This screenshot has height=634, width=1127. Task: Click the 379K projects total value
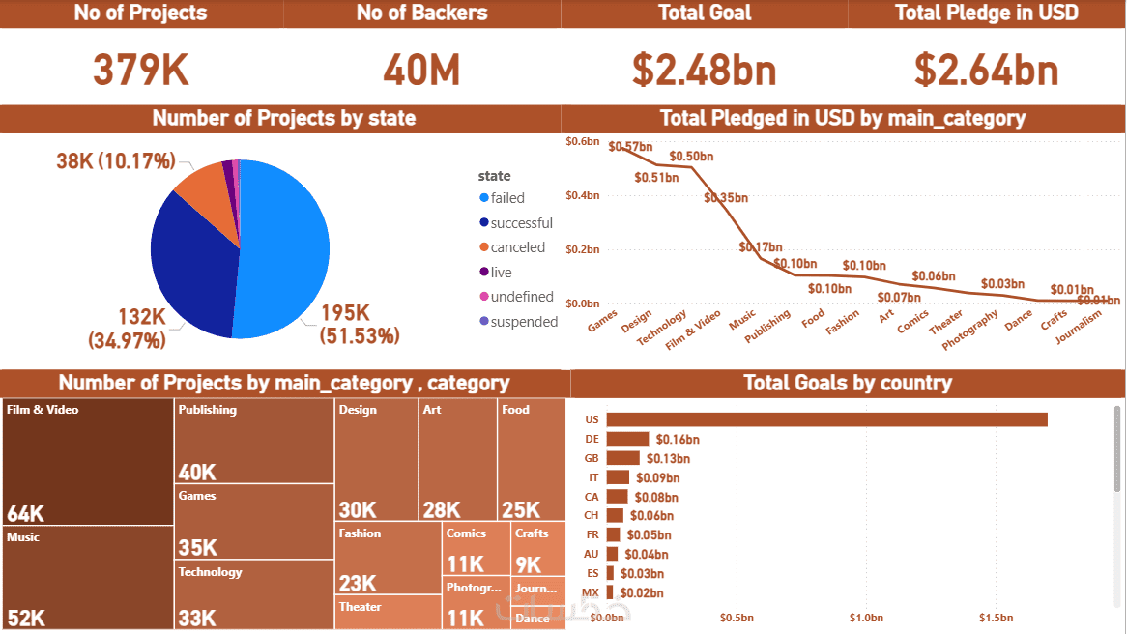click(141, 70)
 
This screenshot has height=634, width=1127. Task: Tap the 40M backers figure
click(421, 70)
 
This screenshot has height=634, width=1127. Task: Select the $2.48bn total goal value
click(705, 70)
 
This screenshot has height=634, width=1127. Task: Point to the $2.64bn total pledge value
click(987, 70)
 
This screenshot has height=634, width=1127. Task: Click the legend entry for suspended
click(523, 322)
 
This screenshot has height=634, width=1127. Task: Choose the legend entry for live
click(501, 273)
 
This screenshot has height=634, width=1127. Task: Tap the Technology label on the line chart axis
click(663, 328)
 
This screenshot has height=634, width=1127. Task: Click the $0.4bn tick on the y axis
click(583, 195)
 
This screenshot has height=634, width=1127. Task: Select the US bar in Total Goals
click(826, 419)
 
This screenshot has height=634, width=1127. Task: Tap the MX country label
click(591, 592)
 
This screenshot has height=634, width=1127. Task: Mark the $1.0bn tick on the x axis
click(866, 618)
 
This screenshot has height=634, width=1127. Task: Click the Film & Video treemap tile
click(88, 462)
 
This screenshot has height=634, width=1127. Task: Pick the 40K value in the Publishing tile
click(197, 472)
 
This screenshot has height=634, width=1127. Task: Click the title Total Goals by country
click(848, 383)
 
